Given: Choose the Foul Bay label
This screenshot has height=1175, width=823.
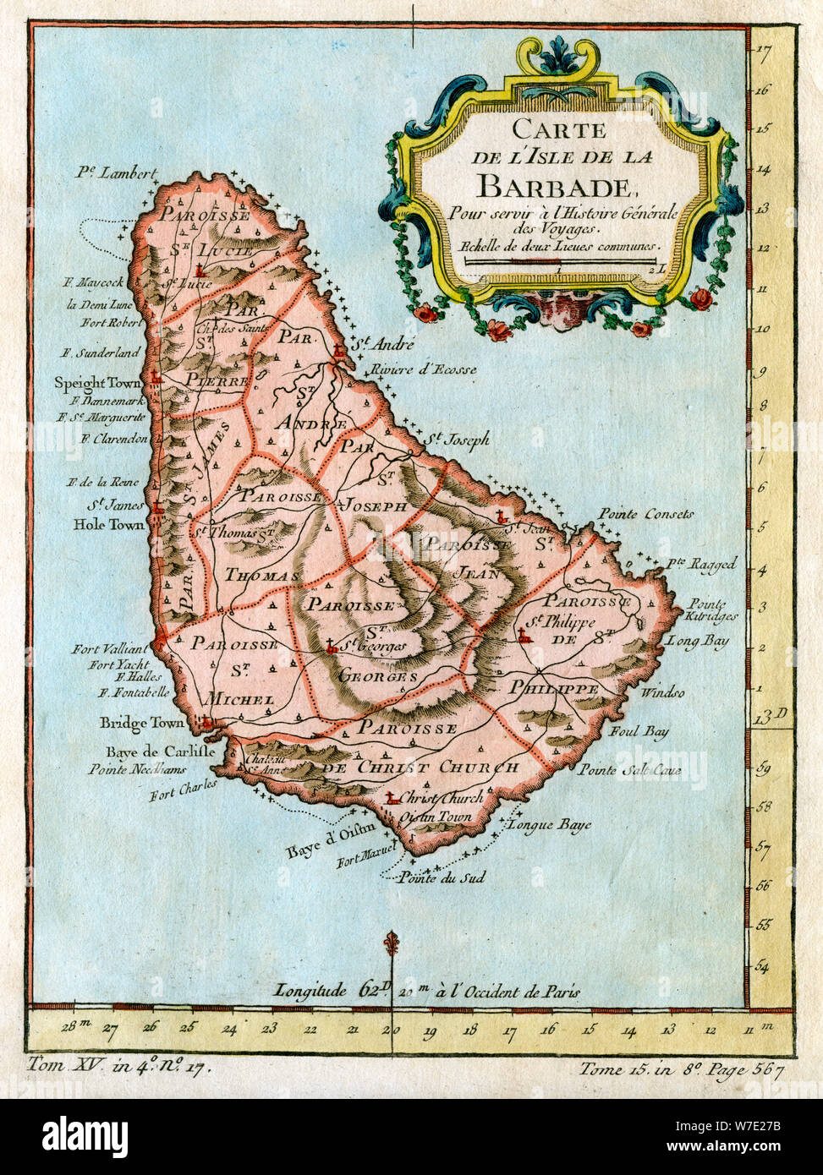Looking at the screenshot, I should pos(639,731).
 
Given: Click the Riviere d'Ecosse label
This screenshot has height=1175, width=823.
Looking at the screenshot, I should pos(422,369).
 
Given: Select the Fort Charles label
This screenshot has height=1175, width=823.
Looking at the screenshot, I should pos(184,790).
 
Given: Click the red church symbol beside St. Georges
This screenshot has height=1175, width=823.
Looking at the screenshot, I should pos(332,648).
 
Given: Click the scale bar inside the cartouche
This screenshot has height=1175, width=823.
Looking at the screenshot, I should pos(558,263).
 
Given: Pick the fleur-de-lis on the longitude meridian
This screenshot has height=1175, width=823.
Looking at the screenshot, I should pos(391,943).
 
